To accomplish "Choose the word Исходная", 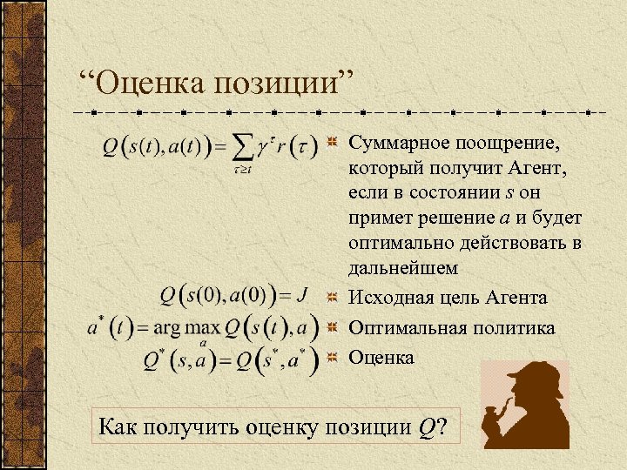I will [388, 298].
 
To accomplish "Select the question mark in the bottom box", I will [442, 426].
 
